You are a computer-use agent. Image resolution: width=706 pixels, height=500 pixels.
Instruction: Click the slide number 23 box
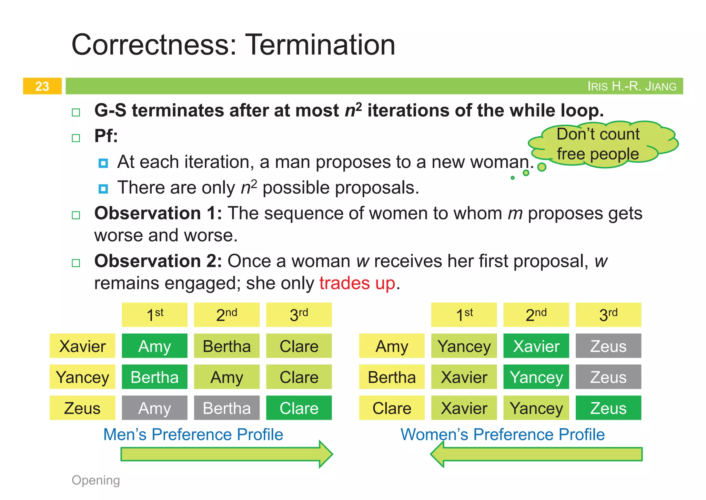click(42, 86)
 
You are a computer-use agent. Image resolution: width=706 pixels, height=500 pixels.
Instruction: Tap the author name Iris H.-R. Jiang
click(632, 86)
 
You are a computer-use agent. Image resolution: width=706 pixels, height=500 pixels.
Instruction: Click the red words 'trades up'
click(357, 283)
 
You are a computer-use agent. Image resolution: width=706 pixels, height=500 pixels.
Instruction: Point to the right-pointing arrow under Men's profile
click(226, 454)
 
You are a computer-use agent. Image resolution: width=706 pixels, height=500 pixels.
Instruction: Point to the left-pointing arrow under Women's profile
click(536, 454)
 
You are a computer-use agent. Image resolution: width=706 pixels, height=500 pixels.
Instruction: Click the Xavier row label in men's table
click(82, 346)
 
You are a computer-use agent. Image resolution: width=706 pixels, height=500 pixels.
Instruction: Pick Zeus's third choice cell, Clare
click(299, 408)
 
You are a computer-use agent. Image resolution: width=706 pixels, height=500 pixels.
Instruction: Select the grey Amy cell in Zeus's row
click(154, 408)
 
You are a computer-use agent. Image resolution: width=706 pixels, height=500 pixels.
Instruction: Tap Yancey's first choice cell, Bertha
click(154, 377)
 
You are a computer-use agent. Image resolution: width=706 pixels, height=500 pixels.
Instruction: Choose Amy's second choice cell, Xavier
click(536, 346)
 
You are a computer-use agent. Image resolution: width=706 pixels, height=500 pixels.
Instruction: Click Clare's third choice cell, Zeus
click(608, 408)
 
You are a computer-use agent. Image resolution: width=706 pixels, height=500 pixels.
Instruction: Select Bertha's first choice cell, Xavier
click(464, 377)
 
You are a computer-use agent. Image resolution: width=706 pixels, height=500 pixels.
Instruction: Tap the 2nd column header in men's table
click(226, 315)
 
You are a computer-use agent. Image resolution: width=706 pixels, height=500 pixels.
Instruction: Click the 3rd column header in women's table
click(608, 315)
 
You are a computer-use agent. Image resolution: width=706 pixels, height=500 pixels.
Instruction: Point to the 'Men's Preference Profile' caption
click(193, 434)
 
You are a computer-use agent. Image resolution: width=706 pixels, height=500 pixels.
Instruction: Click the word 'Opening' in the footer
click(96, 480)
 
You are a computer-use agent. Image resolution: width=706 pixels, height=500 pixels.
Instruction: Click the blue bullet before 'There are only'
click(103, 189)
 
